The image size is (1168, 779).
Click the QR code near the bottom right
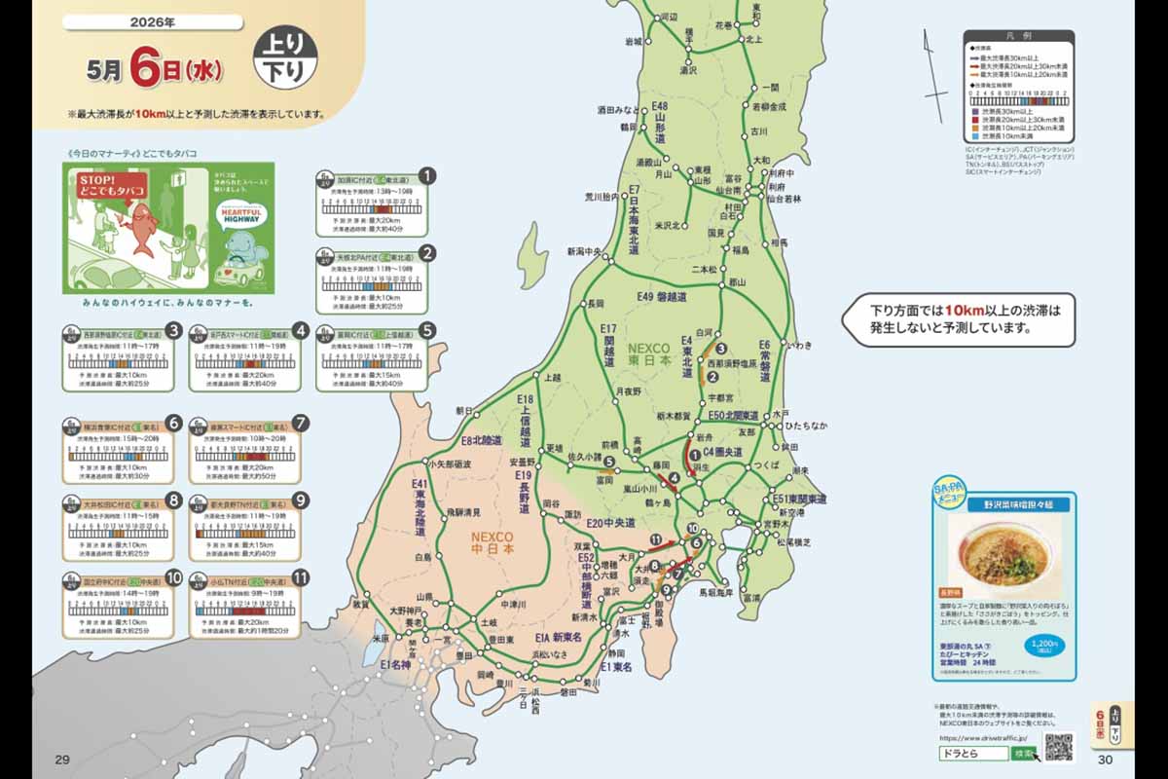point(1058,747)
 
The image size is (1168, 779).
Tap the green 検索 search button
point(1023,754)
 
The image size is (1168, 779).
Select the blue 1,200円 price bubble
point(1042,645)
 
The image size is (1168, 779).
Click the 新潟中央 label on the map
point(587,251)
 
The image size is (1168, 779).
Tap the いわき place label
point(798,345)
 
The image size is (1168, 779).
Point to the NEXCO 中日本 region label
point(494,542)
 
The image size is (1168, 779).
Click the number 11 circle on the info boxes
point(302,577)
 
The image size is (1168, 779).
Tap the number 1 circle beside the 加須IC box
point(426,177)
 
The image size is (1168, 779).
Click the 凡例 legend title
point(1018,36)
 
